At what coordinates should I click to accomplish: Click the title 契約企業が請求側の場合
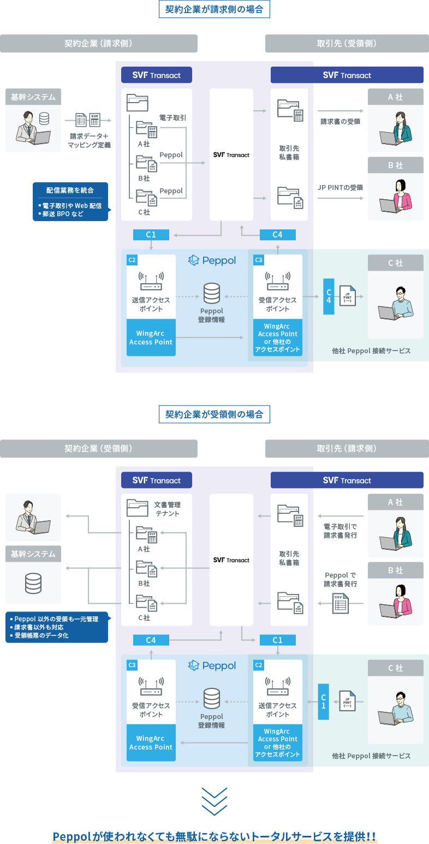pos(214,9)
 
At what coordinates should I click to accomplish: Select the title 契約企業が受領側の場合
pos(214,414)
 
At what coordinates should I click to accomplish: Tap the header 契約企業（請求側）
pos(98,44)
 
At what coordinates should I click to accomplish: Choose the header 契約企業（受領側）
pos(98,449)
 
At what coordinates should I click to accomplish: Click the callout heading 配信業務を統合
pos(70,191)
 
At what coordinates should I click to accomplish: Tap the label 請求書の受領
pos(340,122)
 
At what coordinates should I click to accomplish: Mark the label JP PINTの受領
pos(341,187)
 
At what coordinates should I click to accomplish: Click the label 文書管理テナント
pos(167,509)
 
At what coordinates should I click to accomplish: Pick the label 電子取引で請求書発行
pos(340,531)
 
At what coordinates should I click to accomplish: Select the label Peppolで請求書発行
pos(341,579)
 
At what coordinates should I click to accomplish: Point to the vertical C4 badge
pos(329,296)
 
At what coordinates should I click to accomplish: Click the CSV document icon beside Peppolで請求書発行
pos(341,603)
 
